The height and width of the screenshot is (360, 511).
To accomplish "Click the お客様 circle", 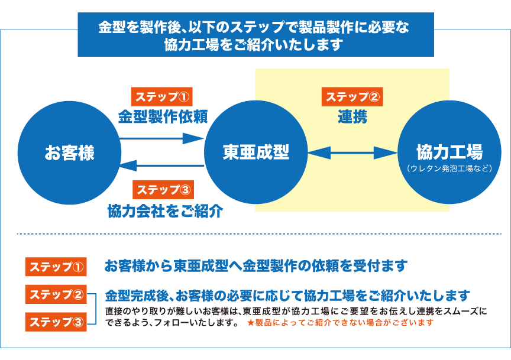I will coord(69,153).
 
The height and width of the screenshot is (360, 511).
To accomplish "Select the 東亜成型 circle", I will coord(256,153).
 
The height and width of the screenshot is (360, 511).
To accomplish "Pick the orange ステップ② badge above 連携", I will coord(352,97).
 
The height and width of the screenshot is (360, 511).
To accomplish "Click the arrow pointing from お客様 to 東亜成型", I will coord(161,139).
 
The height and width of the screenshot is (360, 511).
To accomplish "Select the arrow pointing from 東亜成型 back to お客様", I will coord(161,166).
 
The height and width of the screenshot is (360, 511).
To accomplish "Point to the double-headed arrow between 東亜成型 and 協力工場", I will coord(352,154).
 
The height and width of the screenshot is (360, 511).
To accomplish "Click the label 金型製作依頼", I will coord(163,116).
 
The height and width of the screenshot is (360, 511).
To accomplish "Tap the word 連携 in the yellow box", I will coord(352,117).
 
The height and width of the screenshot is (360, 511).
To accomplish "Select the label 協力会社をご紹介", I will coord(165,210).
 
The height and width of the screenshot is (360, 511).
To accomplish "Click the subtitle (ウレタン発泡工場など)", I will coord(449,168).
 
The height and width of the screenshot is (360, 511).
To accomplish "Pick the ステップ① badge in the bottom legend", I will coord(56,267).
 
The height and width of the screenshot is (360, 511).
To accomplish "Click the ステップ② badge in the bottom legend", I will coord(56,294).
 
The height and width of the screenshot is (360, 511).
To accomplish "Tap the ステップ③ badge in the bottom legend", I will coord(56,322).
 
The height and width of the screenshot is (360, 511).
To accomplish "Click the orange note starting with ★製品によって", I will coord(340,323).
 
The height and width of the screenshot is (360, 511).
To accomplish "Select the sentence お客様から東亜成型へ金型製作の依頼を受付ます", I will coord(256,267).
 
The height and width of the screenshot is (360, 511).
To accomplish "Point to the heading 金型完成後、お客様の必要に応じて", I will coord(287,295).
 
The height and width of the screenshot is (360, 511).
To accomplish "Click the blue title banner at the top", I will coord(256,35).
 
